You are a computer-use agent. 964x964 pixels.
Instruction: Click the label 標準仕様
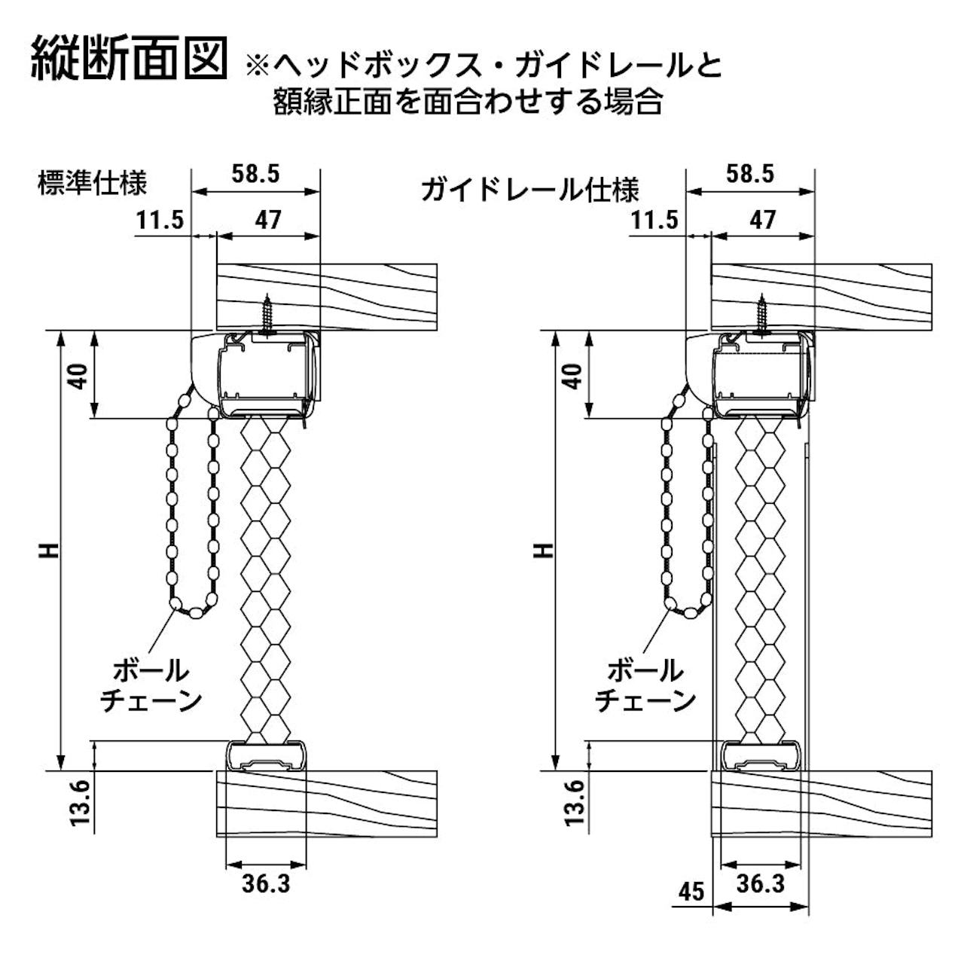[92, 182]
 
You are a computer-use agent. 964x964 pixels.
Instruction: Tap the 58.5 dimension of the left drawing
[255, 175]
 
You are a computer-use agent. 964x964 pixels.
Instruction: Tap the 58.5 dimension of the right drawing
[749, 175]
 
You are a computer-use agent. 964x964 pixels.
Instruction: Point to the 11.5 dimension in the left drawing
[160, 220]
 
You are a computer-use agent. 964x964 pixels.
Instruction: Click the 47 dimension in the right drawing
[763, 220]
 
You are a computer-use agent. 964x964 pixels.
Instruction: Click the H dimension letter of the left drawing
[50, 551]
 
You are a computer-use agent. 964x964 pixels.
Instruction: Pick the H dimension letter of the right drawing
[545, 551]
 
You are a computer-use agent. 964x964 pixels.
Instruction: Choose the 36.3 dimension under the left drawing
[266, 883]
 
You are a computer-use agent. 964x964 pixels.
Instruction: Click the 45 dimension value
[690, 892]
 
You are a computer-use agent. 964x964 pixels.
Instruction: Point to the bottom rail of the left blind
[267, 756]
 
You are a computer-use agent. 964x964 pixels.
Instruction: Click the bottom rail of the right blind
[761, 756]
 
